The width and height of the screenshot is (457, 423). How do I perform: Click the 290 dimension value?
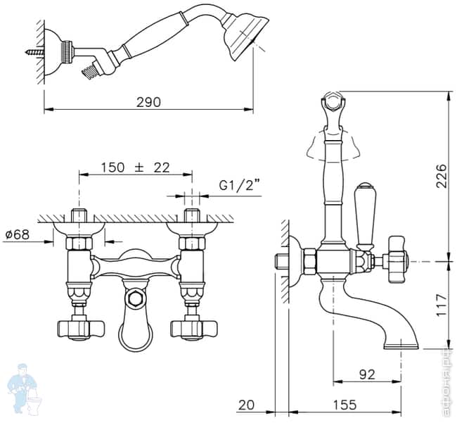tap(148, 101)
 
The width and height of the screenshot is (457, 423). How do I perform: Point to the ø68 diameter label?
tap(16, 234)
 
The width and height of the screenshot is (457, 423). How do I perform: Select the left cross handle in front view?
tap(79, 328)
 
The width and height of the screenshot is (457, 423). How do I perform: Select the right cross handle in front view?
tap(189, 328)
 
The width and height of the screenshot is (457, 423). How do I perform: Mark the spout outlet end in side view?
tap(403, 344)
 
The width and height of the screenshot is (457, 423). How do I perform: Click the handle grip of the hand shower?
tap(155, 42)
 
